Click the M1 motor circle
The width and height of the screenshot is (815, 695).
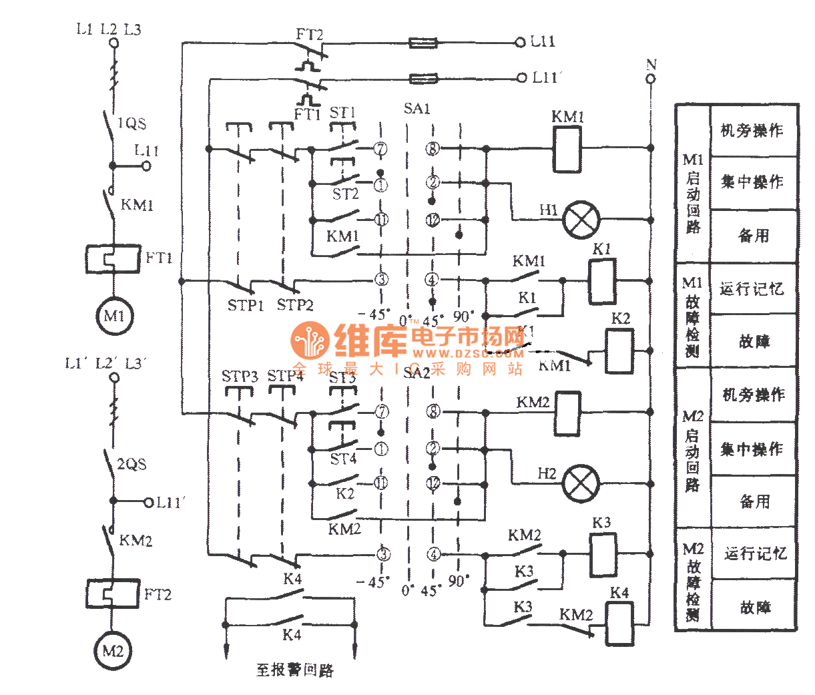click(113, 316)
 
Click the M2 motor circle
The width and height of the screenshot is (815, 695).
click(112, 650)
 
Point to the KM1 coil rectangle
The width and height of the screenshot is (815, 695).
click(567, 148)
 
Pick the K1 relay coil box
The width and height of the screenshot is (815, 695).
click(602, 281)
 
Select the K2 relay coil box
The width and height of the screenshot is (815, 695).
click(619, 351)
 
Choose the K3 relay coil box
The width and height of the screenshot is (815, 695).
click(603, 554)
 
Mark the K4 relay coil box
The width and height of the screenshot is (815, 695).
click(619, 624)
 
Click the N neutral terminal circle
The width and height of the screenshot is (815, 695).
click(651, 79)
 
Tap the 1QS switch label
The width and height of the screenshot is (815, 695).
click(131, 124)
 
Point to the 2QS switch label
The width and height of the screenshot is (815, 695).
click(131, 464)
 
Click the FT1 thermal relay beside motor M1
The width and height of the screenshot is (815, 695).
click(113, 258)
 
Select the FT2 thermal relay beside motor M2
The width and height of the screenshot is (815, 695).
click(112, 593)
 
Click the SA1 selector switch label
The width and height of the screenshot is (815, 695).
click(417, 109)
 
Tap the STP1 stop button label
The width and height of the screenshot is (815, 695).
click(246, 306)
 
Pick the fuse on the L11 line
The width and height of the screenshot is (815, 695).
click(423, 43)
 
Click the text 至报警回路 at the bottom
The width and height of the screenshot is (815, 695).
click(294, 670)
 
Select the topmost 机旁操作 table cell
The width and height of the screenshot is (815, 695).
click(753, 131)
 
